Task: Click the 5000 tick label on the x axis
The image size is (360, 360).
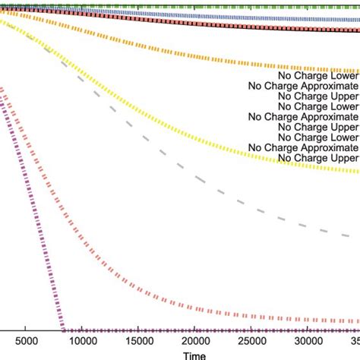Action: point(26,343)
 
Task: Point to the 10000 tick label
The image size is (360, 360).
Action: point(82,343)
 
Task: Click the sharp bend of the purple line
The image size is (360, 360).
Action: point(62,330)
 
